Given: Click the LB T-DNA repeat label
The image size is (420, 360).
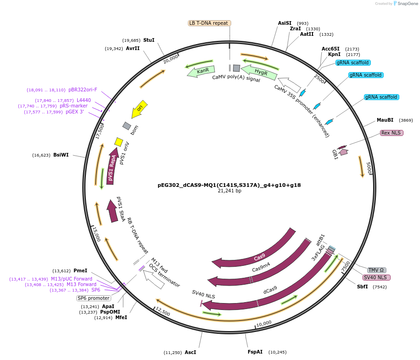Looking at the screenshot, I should pos(210,23).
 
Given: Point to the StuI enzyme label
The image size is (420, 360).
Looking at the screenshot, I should pos(149,40).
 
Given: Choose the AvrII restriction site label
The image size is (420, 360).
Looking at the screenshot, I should pos(133,48).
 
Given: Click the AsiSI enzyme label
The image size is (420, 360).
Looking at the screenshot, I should pos(285,23).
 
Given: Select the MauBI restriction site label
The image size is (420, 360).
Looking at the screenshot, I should pos(385,120).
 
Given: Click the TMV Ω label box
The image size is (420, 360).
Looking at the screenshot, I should pos(376,270).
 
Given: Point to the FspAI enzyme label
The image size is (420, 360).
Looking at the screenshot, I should pos(255,352).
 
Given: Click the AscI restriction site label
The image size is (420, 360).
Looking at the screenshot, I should pos(190,352).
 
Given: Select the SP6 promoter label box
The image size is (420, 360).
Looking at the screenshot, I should pos(93,298).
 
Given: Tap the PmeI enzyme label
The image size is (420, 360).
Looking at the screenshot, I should pos(80,271).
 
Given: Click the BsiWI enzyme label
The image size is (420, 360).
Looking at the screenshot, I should pos(61,155).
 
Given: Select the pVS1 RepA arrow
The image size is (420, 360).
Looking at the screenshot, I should pos(112,166).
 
